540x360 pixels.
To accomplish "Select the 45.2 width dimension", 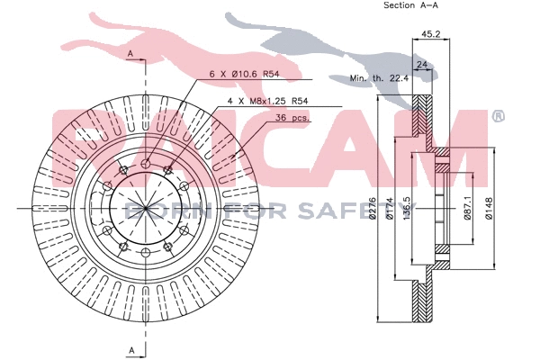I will (430, 35).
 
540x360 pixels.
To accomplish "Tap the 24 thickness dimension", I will (420, 64).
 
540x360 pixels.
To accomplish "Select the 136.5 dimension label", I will (407, 212).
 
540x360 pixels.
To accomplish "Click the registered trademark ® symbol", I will (498, 117).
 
